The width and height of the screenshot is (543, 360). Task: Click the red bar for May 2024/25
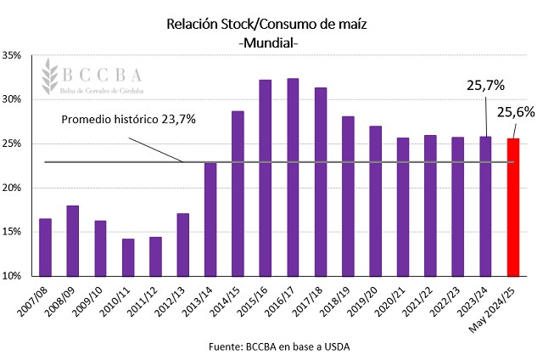512,207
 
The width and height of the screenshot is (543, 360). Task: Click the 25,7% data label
486,85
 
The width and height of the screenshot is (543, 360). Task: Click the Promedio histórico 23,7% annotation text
129,119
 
